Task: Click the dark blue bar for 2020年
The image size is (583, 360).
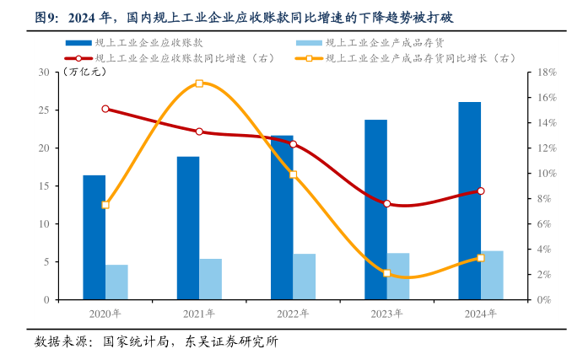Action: (94, 237)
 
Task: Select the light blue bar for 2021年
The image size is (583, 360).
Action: (211, 279)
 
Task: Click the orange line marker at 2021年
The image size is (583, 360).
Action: (199, 83)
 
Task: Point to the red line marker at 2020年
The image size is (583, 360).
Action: (105, 109)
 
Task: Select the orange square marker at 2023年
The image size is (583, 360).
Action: (386, 273)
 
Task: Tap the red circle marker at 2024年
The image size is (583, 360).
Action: (481, 191)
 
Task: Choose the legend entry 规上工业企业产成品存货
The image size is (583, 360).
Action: (385, 42)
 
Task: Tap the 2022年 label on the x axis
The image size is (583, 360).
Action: (293, 313)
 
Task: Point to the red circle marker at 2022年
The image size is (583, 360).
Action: (293, 144)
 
